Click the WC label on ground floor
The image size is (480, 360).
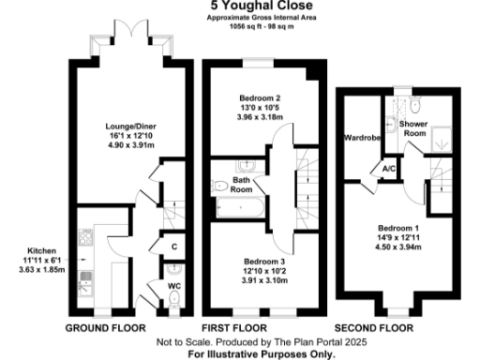click(173, 284)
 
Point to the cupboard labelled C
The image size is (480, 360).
click(174, 247)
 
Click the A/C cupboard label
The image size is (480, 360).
click(386, 169)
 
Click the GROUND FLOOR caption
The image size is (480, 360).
click(105, 328)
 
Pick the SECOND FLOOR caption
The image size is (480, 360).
click(374, 328)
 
